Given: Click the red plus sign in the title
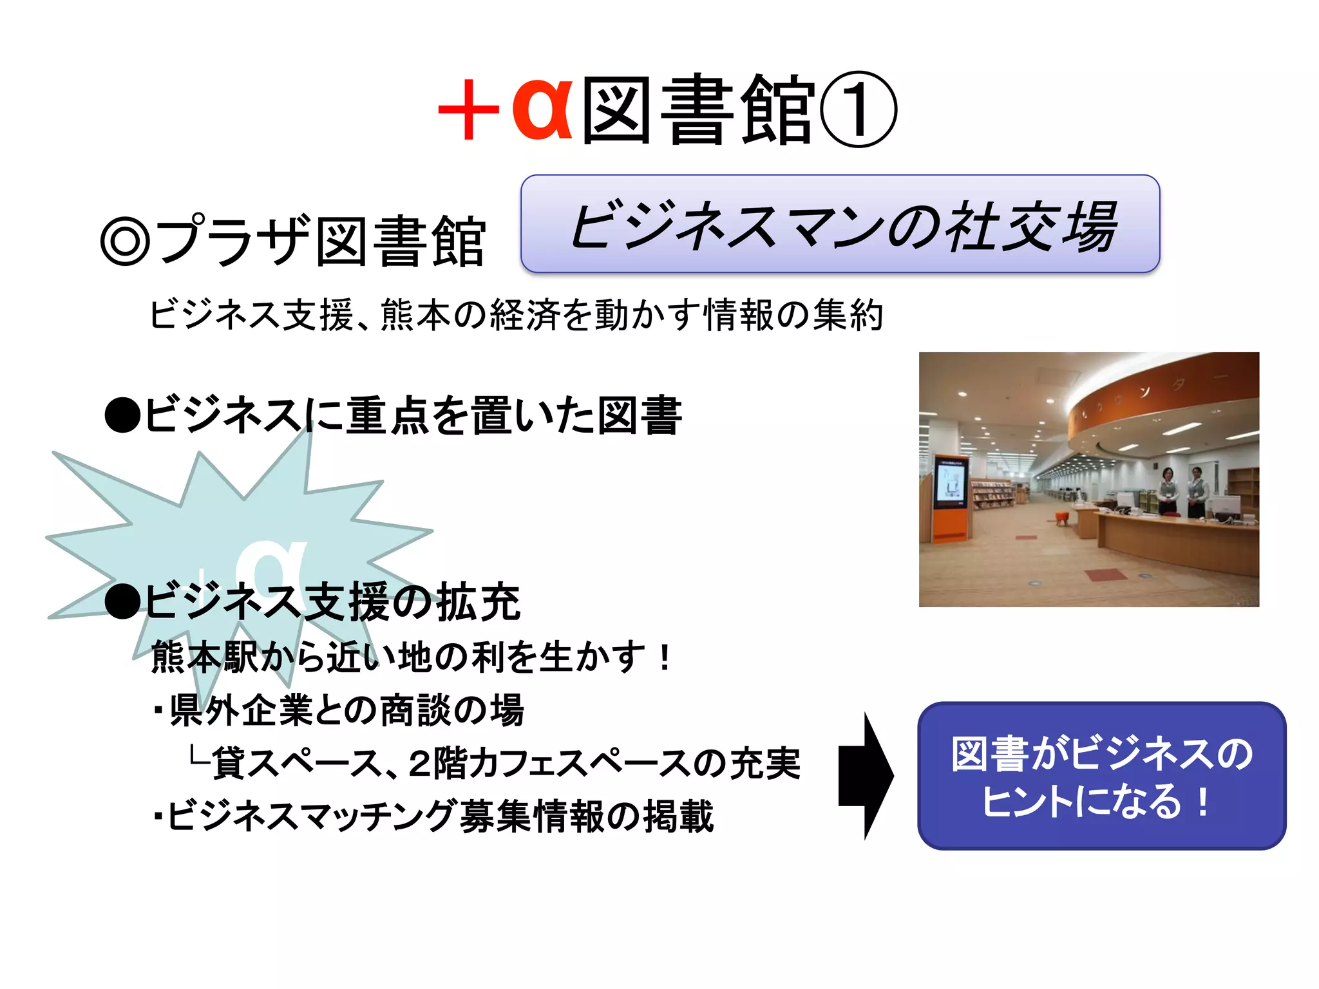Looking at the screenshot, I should (x=468, y=110).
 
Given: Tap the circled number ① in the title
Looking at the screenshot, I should (x=858, y=110).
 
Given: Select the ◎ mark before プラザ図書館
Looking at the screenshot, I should (x=125, y=241).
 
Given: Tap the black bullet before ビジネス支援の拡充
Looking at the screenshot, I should (x=122, y=602).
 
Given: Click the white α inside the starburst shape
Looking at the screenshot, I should (x=270, y=567).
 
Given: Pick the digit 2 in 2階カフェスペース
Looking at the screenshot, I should (x=419, y=764).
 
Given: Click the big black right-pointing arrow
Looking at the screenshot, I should (x=866, y=775).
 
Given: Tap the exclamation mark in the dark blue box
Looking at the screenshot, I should (x=1202, y=802).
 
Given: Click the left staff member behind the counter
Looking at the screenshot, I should (x=1167, y=492).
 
